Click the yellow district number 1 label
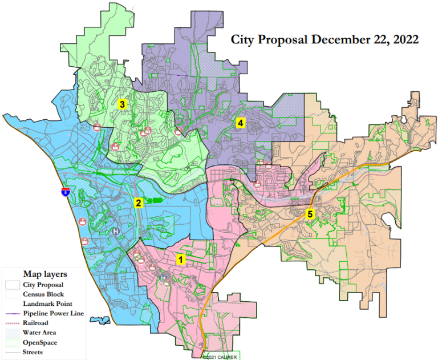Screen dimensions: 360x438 (x=181, y=260)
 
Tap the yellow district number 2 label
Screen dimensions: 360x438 (x=138, y=203)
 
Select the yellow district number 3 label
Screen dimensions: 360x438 (x=122, y=104)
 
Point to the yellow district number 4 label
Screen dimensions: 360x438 (x=241, y=123)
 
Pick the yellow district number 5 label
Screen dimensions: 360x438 (x=310, y=215)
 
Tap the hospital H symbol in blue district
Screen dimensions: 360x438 (x=117, y=232)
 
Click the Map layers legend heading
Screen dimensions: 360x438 (x=44, y=273)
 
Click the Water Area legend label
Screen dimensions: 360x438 (x=39, y=332)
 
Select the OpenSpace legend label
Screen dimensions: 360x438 (x=39, y=342)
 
